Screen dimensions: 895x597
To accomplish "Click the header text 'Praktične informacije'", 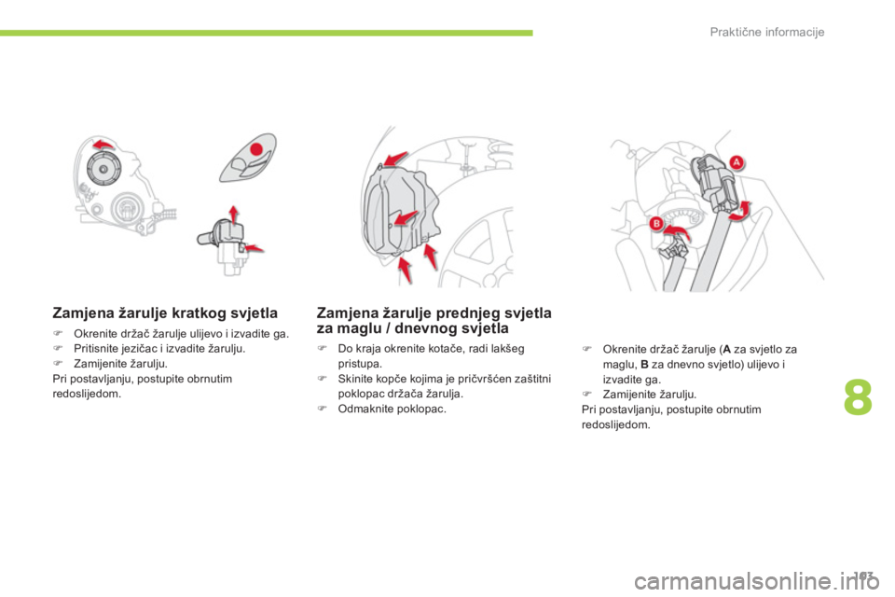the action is (x=766, y=32).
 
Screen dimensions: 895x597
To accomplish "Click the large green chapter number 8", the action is (x=858, y=397).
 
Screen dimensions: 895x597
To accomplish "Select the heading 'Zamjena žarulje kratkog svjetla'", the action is (x=165, y=313).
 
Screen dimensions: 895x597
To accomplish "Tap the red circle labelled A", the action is (x=737, y=162).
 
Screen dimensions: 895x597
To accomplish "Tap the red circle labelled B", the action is (x=656, y=223).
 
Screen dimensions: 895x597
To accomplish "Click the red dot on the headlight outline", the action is (x=257, y=149).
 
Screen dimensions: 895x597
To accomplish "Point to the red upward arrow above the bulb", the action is (x=233, y=215).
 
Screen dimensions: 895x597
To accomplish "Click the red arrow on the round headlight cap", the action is (x=104, y=144).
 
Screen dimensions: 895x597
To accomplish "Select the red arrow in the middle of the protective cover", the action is (x=406, y=217).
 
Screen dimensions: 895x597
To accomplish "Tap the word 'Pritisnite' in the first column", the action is (x=97, y=349).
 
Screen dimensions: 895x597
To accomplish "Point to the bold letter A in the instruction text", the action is (x=726, y=349).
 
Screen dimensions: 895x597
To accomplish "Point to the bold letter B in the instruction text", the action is (x=644, y=365).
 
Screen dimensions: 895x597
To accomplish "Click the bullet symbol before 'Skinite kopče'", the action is (x=322, y=378).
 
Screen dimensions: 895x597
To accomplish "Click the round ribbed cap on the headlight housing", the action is (x=103, y=169).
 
